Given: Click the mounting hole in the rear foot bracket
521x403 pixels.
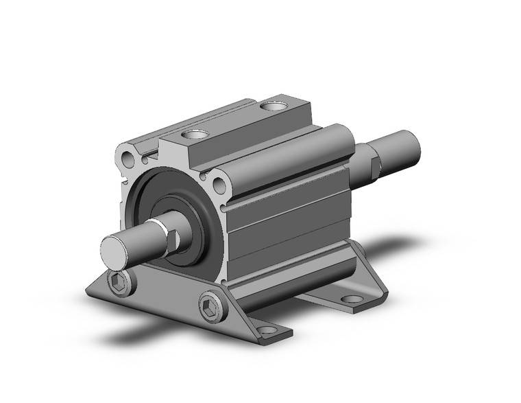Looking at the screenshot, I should tap(353, 299).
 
